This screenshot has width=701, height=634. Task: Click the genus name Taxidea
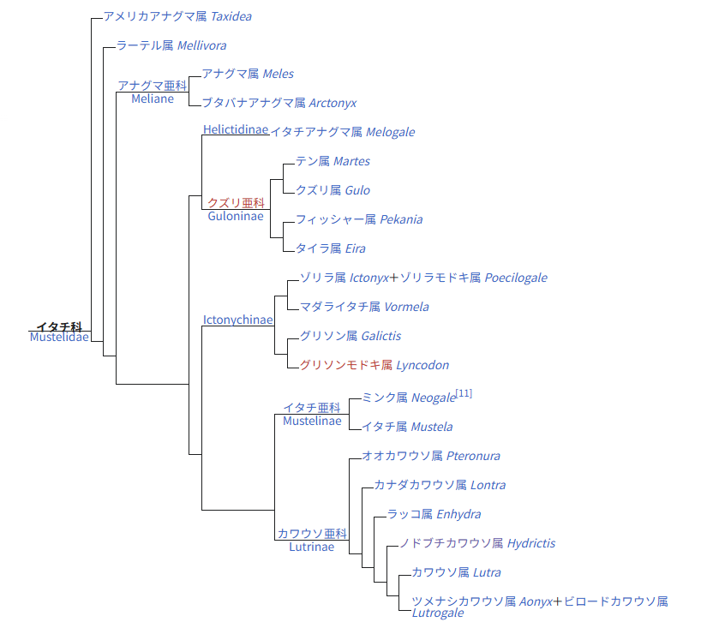[x=227, y=16]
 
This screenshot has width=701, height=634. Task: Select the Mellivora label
[x=202, y=45]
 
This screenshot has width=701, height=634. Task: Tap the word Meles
[x=279, y=75]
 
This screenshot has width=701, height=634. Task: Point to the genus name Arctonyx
[x=333, y=104]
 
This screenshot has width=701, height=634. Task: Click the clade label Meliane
[x=153, y=99]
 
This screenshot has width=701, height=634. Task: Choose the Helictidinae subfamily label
[x=236, y=129]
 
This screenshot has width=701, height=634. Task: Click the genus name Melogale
[x=390, y=133]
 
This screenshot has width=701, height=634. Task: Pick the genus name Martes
[x=351, y=162]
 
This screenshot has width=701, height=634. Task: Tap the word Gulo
[x=357, y=191]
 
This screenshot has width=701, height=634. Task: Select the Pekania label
[x=401, y=220]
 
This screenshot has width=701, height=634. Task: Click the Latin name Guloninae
[x=236, y=216]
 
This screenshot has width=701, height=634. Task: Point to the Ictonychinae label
[x=238, y=320]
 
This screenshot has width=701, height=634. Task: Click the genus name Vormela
[x=406, y=308]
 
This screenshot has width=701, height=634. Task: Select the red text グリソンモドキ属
[x=345, y=366]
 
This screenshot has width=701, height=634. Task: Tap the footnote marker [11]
[x=464, y=394]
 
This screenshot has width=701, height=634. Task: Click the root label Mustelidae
[x=59, y=337]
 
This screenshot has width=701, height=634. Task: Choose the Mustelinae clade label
[x=312, y=421]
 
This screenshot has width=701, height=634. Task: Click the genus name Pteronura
[x=473, y=457]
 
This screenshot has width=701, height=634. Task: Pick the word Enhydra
[x=458, y=515]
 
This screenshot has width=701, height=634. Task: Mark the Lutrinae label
[x=311, y=547]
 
